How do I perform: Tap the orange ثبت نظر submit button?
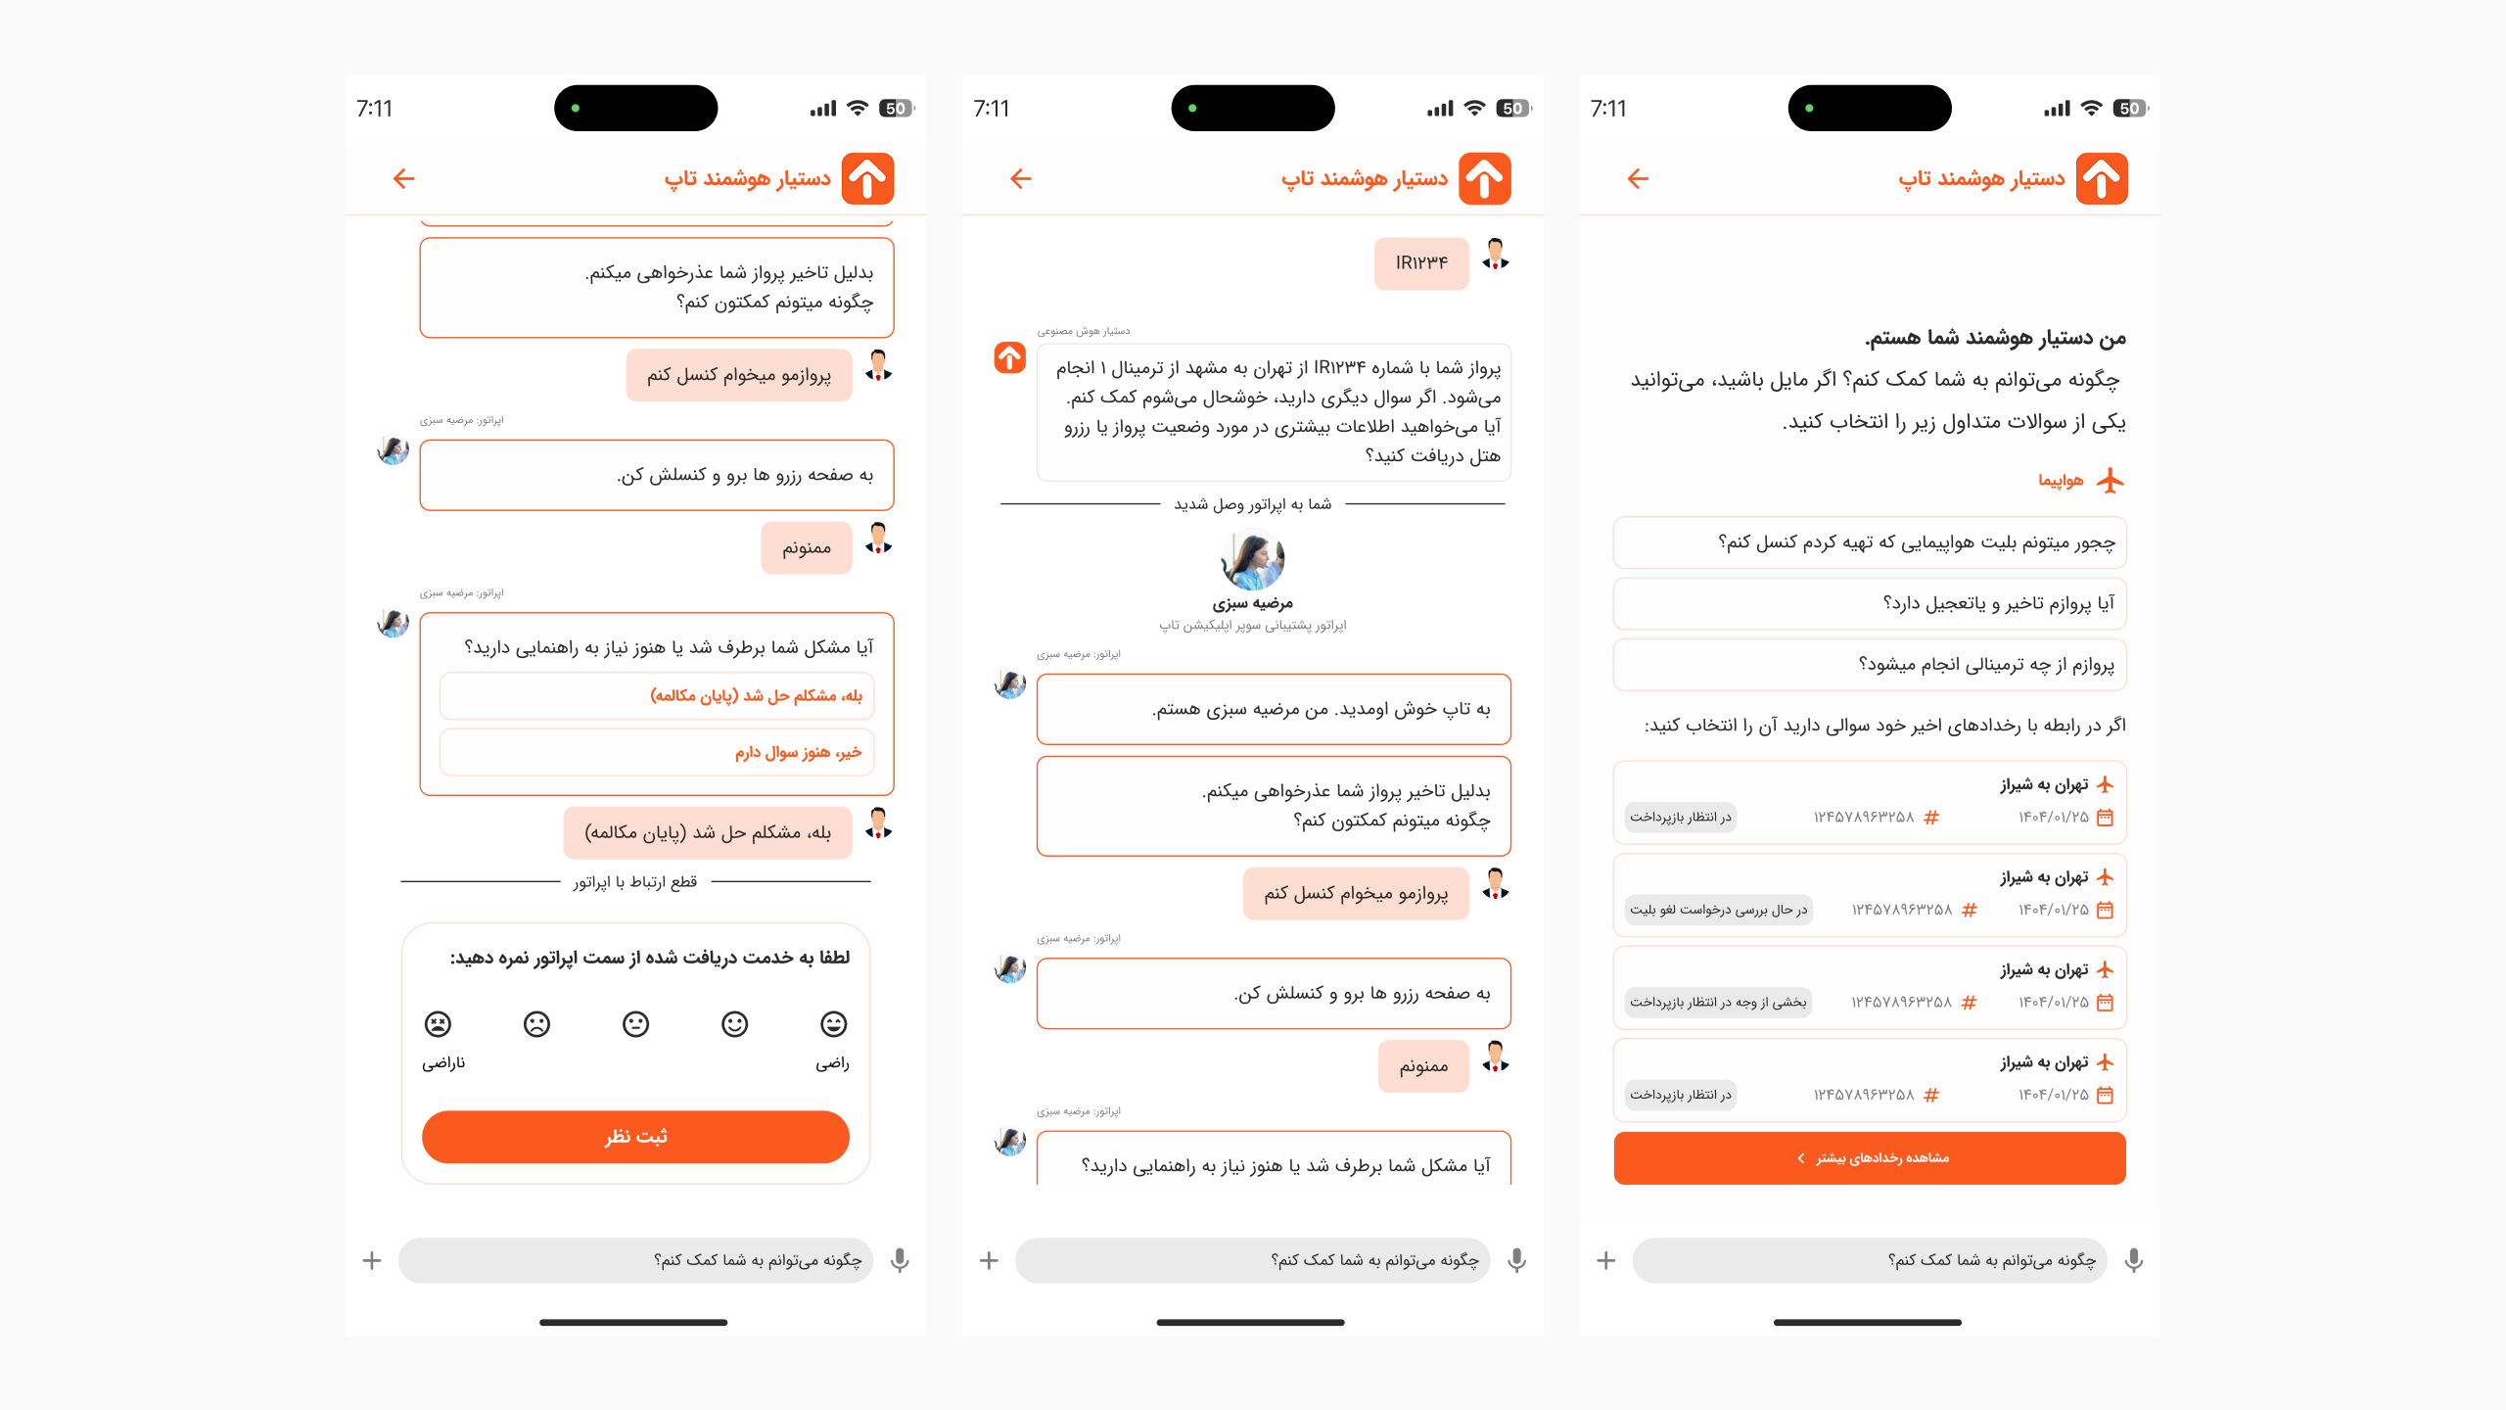[x=635, y=1136]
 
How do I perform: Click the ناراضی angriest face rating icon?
[x=438, y=1024]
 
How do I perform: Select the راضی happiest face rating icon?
[x=833, y=1024]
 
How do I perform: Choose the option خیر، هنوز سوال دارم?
[x=657, y=752]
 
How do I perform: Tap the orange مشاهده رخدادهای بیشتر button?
[x=1870, y=1157]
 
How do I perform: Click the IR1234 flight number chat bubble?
[x=1421, y=262]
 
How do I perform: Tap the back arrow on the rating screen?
[x=403, y=178]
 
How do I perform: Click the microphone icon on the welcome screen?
[x=2134, y=1260]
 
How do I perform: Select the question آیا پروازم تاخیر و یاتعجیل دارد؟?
[x=1870, y=603]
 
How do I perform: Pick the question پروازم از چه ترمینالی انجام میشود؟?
[x=1870, y=665]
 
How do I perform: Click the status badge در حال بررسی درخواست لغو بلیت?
[x=1718, y=910]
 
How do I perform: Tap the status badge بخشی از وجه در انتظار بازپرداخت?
[x=1718, y=1002]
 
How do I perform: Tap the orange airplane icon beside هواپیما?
[x=2111, y=481]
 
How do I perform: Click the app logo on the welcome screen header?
[x=2102, y=178]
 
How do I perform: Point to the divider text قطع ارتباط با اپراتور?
[x=635, y=882]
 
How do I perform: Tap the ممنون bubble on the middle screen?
[x=1423, y=1065]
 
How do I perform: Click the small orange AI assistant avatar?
[x=1010, y=357]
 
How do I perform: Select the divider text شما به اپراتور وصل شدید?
[x=1252, y=504]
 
